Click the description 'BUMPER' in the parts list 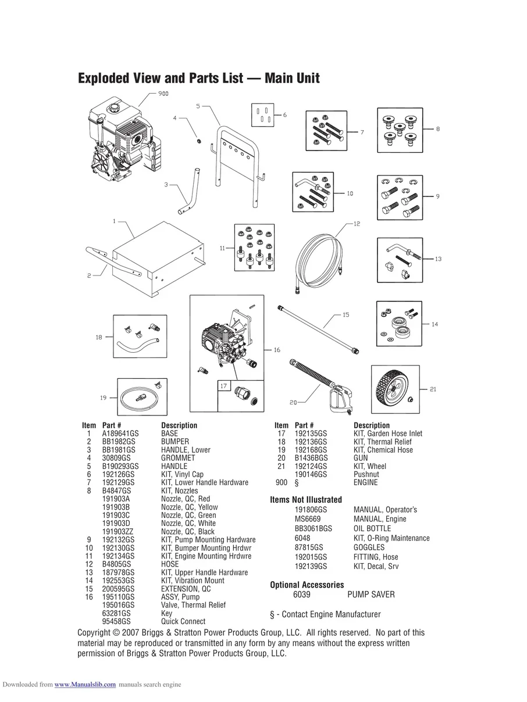(x=175, y=442)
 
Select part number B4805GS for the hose (x=116, y=564)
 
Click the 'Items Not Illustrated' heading (x=305, y=500)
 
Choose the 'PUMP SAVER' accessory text (x=371, y=594)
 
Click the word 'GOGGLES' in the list (x=369, y=547)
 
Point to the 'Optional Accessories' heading (x=307, y=585)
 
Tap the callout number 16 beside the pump (x=277, y=350)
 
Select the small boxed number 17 (x=223, y=386)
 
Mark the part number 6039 (x=302, y=594)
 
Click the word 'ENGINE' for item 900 (x=365, y=482)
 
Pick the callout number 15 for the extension (x=346, y=315)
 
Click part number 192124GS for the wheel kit (x=311, y=466)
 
